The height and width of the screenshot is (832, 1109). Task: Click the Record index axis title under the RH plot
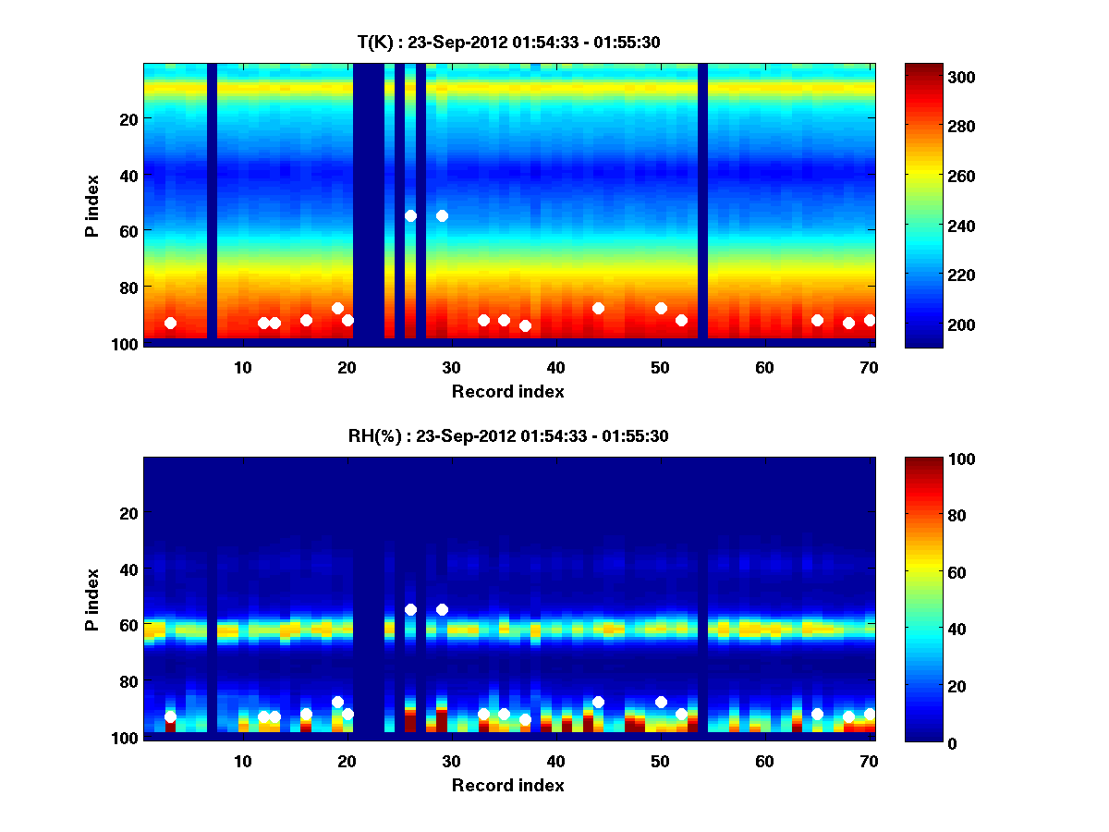(507, 785)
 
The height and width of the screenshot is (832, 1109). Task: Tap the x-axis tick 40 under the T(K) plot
(555, 367)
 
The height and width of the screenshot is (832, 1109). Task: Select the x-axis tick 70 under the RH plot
(869, 761)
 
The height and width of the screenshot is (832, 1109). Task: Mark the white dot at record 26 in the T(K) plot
(410, 215)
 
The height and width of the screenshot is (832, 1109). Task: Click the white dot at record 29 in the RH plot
(442, 609)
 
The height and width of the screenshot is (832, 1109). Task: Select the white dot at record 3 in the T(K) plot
(170, 323)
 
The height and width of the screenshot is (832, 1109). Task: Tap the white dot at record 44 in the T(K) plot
(598, 308)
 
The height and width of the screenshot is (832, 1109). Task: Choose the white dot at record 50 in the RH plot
(661, 702)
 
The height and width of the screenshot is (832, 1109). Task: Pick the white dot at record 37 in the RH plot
(525, 719)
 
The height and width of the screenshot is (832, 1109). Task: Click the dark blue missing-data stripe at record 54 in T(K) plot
(702, 203)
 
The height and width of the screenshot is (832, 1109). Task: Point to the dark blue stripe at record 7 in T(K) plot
(212, 203)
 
